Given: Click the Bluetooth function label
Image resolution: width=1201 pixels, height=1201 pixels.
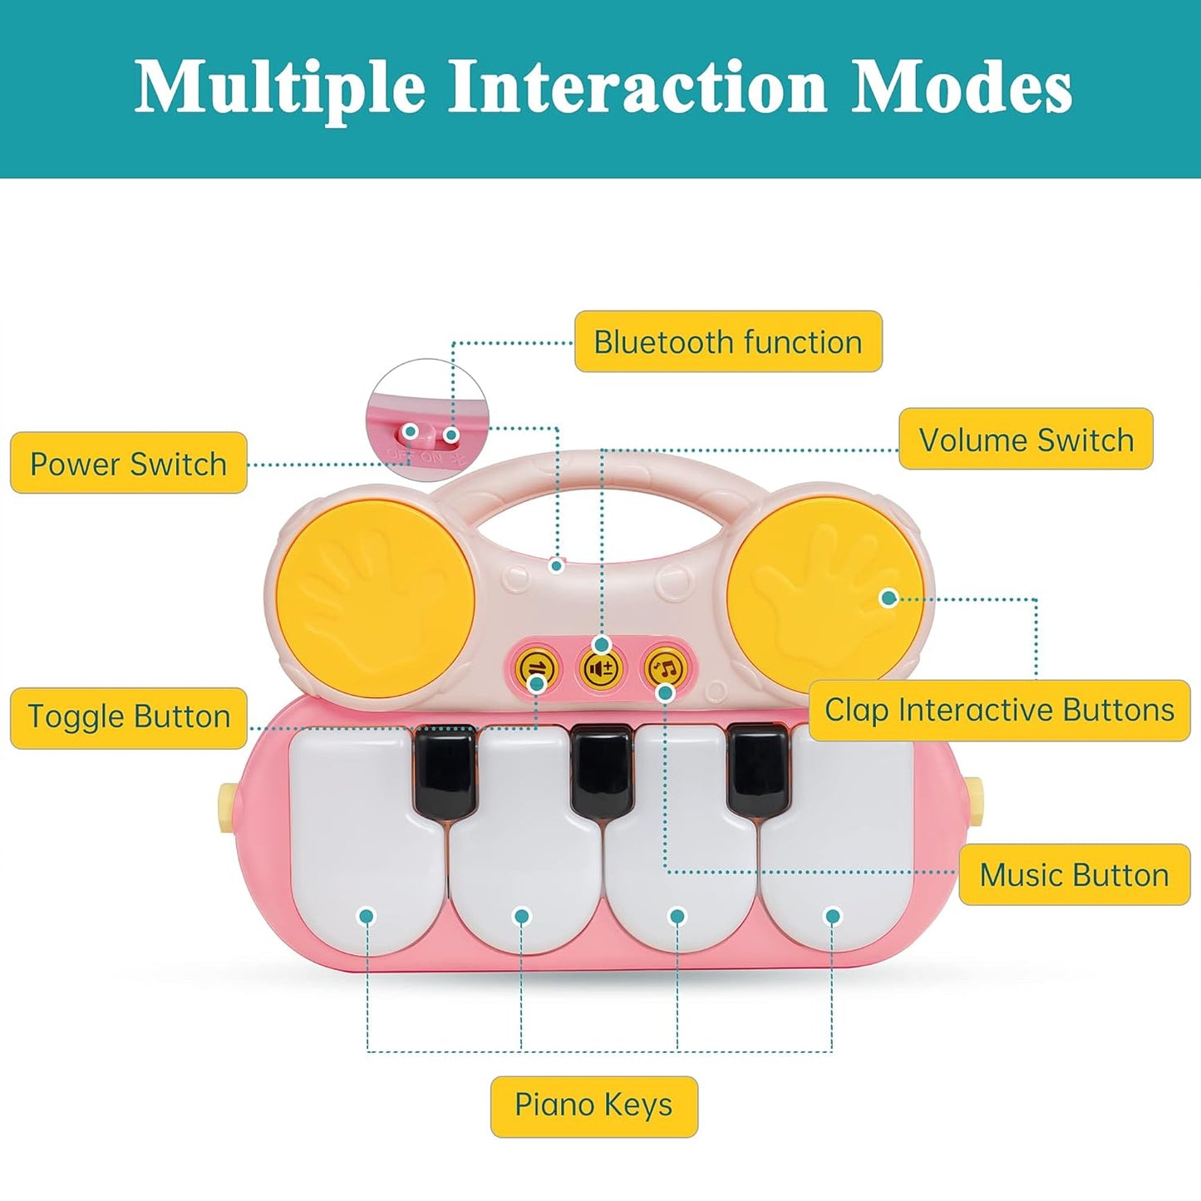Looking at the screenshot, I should click(x=728, y=342).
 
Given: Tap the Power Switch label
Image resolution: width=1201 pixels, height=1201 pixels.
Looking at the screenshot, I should click(x=129, y=463).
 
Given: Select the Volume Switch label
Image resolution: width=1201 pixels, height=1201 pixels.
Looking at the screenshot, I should click(x=1026, y=439).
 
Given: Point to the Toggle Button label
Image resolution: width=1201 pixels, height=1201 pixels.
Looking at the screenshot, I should click(x=129, y=717).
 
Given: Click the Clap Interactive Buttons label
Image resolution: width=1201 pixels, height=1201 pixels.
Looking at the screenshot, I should click(x=999, y=711).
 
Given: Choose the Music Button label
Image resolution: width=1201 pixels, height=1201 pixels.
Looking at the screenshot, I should click(x=1074, y=874).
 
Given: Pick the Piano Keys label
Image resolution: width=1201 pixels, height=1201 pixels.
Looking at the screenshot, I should click(x=593, y=1105).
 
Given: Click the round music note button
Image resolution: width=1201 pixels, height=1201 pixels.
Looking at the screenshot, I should click(x=666, y=667).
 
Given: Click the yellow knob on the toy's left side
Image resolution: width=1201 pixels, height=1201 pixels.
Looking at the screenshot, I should click(x=225, y=804).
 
